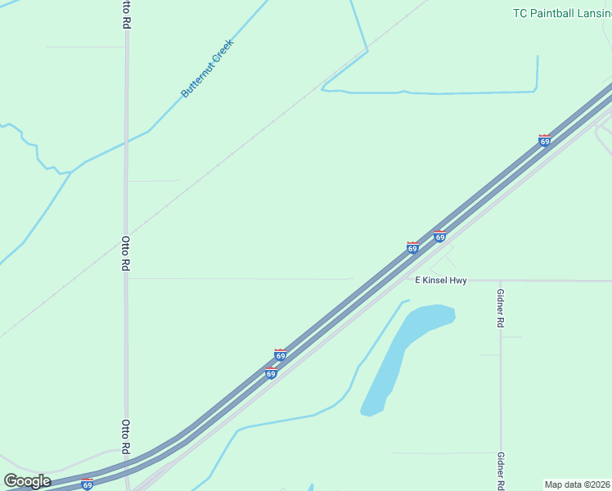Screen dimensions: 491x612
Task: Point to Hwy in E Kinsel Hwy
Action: tap(458, 281)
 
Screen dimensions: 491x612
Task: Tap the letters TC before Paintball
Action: tap(520, 13)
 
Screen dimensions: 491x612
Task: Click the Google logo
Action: tap(27, 481)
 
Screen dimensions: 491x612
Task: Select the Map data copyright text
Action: tap(578, 484)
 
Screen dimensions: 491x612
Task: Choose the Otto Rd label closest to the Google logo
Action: tap(126, 437)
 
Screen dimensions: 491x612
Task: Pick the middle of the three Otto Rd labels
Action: tap(126, 254)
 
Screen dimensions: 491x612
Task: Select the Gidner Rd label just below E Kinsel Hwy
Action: tap(500, 309)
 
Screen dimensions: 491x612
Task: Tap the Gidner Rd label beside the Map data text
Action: tap(500, 471)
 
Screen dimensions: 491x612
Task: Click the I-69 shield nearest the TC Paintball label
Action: tap(544, 141)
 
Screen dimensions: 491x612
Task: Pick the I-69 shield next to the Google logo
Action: tap(87, 484)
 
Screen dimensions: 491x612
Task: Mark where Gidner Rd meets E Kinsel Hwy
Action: tap(500, 281)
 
